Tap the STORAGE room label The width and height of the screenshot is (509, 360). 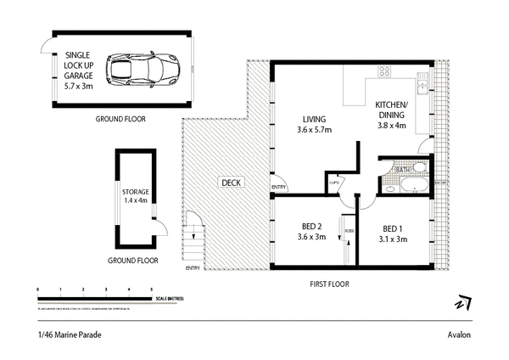pos(136,196)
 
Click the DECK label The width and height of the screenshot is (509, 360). pos(231,183)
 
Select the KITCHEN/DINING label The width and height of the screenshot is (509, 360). pos(391,115)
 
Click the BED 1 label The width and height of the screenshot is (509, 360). pos(391,233)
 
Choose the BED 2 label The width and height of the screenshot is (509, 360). pos(314,232)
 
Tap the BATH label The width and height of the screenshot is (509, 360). pos(403,170)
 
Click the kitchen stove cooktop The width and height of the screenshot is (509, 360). pos(383,72)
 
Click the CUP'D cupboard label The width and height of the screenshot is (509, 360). pos(334,180)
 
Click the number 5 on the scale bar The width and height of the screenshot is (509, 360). pos(151,290)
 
